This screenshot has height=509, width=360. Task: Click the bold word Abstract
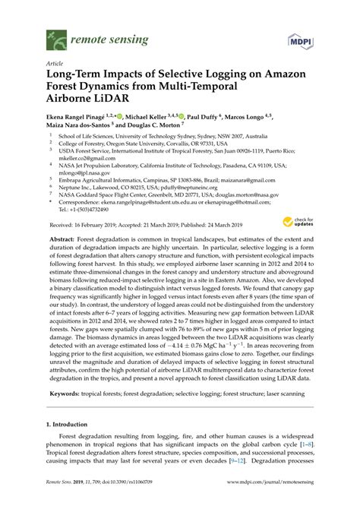[x=62, y=238]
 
